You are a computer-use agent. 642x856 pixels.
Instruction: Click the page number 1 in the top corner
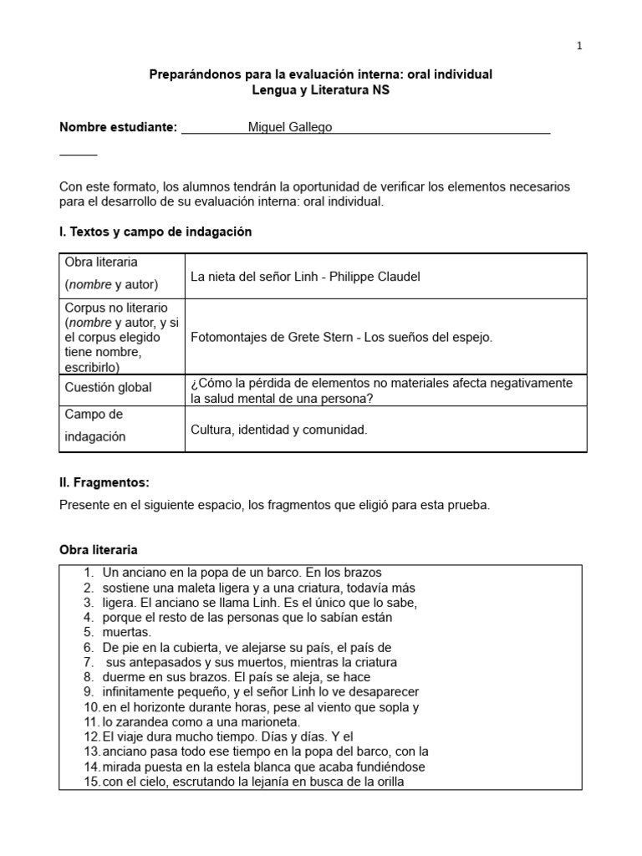pos(579,46)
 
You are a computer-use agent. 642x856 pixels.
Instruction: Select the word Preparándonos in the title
pos(189,74)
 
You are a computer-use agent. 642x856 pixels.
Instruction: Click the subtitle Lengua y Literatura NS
pos(321,90)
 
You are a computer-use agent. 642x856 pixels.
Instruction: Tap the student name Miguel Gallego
pos(290,127)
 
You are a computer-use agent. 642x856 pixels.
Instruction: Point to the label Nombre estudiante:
pos(118,127)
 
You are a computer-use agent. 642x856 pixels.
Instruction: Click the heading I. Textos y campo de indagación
pos(155,232)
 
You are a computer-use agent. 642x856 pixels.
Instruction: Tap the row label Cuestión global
pos(109,388)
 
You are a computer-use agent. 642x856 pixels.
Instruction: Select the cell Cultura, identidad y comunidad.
pos(279,430)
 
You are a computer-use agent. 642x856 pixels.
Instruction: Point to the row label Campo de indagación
pos(95,425)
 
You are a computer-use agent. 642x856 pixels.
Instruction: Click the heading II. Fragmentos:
pos(104,482)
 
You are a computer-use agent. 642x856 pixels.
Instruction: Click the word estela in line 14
pos(232,767)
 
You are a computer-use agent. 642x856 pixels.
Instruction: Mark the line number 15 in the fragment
pos(90,782)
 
